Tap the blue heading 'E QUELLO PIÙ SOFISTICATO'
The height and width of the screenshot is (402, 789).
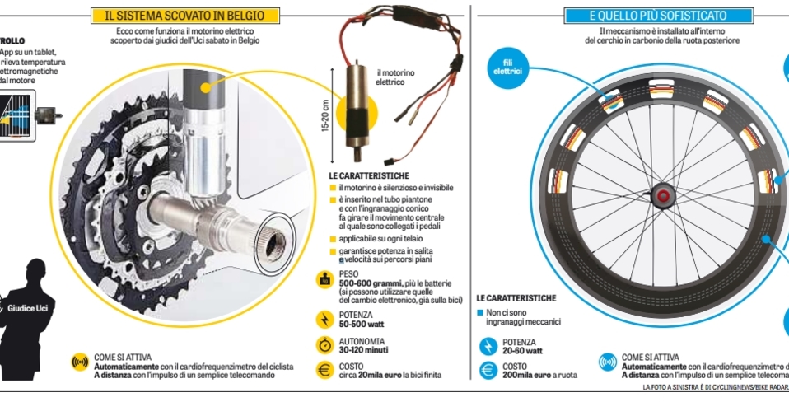[658, 16]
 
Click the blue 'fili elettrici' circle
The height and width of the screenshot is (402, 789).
[507, 67]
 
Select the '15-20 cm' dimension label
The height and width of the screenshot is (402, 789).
[326, 115]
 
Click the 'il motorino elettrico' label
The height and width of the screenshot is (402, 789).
[395, 77]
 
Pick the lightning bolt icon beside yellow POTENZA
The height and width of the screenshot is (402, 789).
[325, 319]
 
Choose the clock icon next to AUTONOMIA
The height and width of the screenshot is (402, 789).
[325, 344]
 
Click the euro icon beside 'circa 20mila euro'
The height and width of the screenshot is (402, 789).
[325, 370]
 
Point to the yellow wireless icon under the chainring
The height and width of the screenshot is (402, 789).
[80, 362]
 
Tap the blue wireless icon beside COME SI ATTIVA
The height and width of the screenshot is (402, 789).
[608, 362]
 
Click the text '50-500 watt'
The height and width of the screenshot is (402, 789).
[356, 324]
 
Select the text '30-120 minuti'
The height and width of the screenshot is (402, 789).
[362, 349]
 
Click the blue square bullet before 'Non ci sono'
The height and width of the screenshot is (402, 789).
[480, 313]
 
